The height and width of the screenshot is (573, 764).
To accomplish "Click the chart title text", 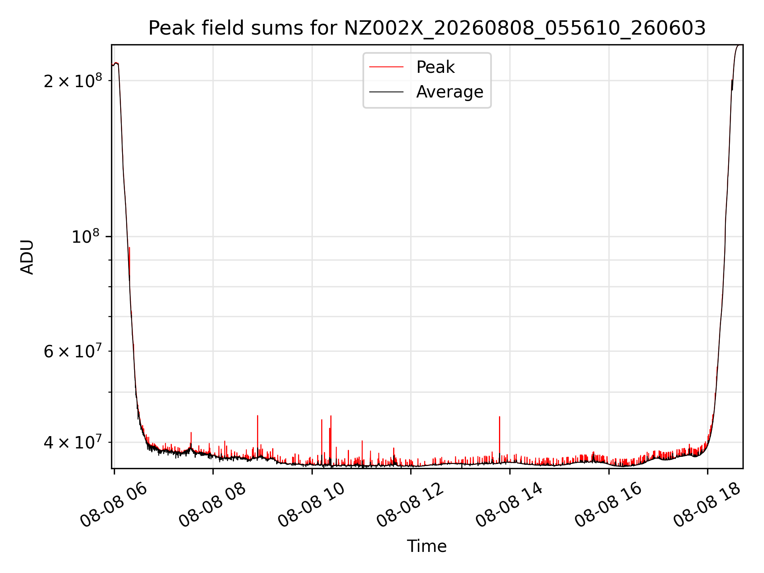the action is (427, 28).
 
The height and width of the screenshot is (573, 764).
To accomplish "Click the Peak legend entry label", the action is (435, 67).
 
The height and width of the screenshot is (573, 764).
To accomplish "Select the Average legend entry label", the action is (450, 92).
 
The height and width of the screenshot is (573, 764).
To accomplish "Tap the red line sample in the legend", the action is (386, 67).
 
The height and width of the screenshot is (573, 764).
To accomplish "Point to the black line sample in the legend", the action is (386, 92).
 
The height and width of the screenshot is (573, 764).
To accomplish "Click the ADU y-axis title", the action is (27, 257).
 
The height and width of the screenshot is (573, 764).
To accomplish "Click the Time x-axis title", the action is (427, 546).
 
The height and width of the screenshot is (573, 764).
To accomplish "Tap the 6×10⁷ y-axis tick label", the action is (73, 351).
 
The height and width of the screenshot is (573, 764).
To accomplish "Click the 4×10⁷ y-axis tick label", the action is (73, 442).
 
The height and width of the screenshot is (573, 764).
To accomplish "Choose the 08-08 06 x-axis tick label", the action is (114, 505).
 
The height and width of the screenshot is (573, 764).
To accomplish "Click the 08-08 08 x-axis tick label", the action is (213, 505).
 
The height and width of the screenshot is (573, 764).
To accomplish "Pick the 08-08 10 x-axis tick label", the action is (312, 505).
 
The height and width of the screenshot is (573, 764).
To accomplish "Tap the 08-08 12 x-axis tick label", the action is (411, 505).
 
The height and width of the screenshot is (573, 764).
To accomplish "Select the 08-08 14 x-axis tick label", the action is (510, 505).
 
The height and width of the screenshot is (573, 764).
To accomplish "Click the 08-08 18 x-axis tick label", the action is (707, 505).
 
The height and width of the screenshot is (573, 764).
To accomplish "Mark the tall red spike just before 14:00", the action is (499, 438).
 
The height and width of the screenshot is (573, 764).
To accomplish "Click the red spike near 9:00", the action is (257, 436).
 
